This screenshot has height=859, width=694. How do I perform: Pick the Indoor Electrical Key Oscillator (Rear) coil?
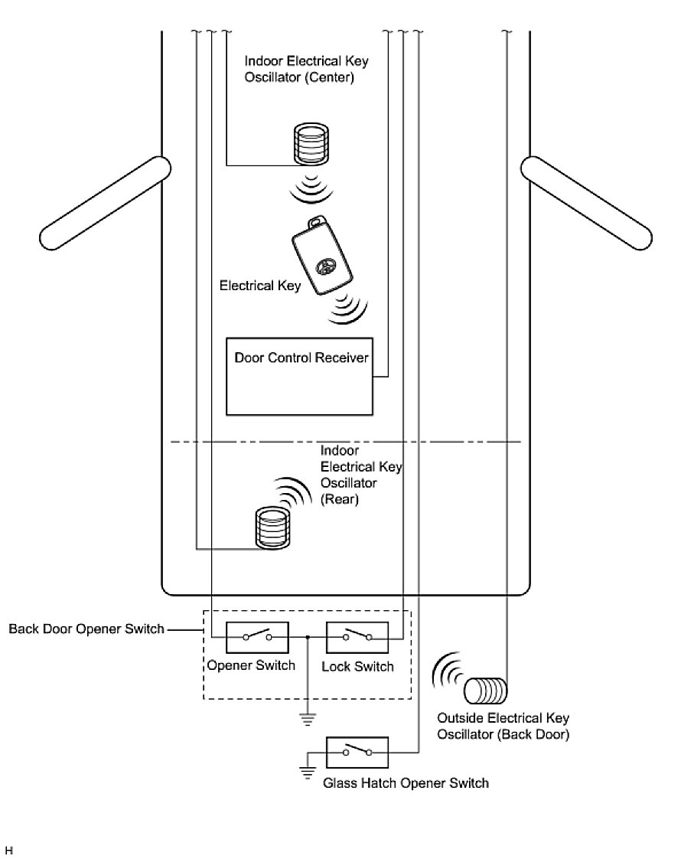tap(274, 528)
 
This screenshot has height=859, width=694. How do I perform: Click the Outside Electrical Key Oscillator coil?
tap(485, 691)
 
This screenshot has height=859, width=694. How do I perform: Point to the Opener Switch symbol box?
tap(257, 636)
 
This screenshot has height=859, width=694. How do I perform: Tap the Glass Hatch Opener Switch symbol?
tap(357, 753)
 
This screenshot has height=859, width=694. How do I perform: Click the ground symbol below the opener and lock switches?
tap(306, 719)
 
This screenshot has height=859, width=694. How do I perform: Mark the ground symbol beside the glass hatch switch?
tap(308, 772)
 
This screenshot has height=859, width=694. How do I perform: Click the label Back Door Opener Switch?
tap(86, 629)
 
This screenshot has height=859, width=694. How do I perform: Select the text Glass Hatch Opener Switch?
tap(406, 783)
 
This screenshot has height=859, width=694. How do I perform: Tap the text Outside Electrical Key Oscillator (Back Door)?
tap(503, 727)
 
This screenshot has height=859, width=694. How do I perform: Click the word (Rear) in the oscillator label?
tap(340, 499)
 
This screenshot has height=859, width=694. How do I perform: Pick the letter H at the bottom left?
tap(9, 850)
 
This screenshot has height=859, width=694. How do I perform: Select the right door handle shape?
tap(588, 203)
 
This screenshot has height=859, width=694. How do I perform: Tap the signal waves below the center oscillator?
tap(311, 188)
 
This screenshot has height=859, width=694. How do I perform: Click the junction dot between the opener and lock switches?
tap(307, 636)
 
